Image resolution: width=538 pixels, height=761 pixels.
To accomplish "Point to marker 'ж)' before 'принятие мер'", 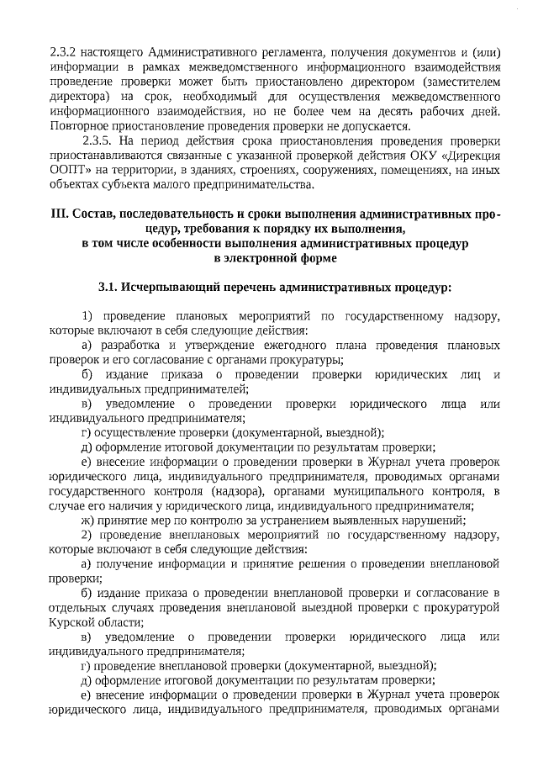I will tap(87, 519).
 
